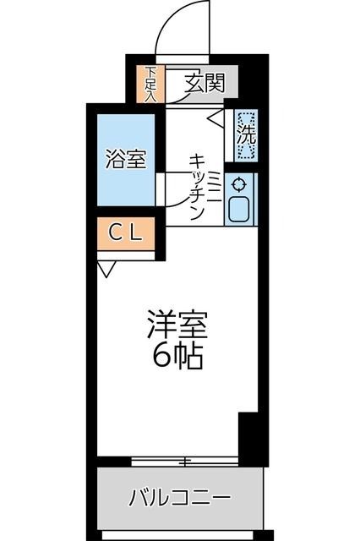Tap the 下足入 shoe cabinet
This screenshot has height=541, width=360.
[150, 83]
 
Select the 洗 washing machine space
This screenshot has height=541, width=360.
[246, 134]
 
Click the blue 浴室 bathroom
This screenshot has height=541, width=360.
[125, 158]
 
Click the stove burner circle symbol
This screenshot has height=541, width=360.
[238, 184]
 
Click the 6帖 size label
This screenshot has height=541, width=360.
[177, 357]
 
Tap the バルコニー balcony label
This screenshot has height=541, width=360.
[178, 497]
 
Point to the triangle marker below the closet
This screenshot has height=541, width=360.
[106, 270]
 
